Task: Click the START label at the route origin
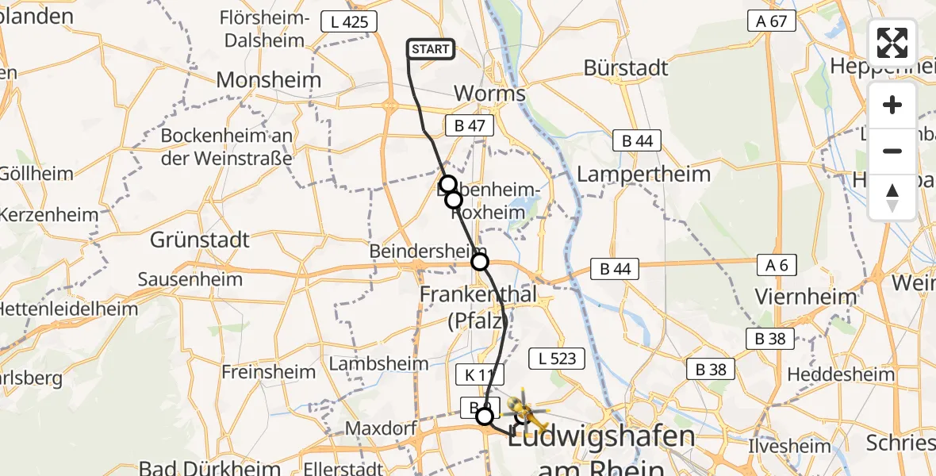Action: tap(431, 49)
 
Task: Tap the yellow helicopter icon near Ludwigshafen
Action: tap(526, 410)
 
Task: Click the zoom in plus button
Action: tap(892, 106)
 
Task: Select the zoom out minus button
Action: tap(892, 151)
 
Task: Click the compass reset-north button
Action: tap(892, 197)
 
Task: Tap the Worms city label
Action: tap(489, 94)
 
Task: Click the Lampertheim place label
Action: tap(643, 173)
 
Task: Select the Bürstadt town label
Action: tap(626, 68)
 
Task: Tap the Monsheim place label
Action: tap(269, 80)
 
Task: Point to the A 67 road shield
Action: tap(772, 21)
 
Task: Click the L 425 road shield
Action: tap(349, 21)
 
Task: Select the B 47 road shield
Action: tap(470, 125)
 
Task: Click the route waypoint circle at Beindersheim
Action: tap(480, 261)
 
